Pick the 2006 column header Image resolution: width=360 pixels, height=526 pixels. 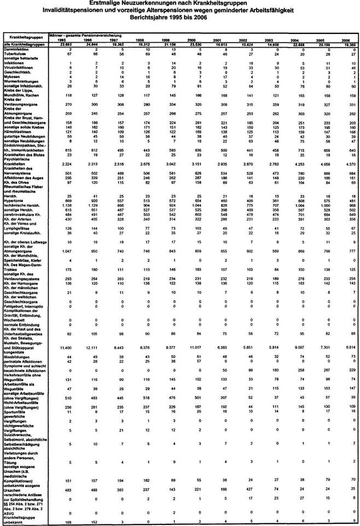pyautogui.click(x=346, y=40)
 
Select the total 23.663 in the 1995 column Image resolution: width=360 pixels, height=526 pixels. pyautogui.click(x=63, y=44)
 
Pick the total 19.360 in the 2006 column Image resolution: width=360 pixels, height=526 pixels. pyautogui.click(x=346, y=44)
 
